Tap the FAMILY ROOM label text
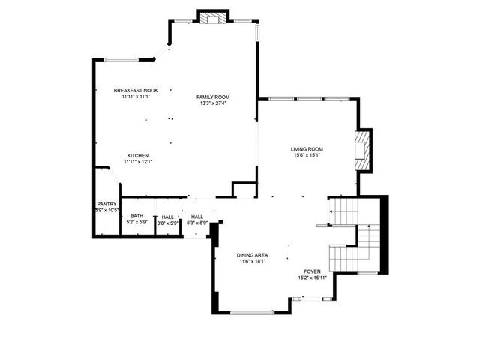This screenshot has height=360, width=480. [x=213, y=97]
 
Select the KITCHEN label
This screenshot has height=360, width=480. [x=137, y=155]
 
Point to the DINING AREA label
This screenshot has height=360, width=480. [x=253, y=255]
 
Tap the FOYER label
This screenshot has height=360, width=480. [x=312, y=271]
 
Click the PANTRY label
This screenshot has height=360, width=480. [x=106, y=204]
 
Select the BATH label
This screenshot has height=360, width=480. [x=136, y=216]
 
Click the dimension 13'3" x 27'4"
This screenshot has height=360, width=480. [x=213, y=103]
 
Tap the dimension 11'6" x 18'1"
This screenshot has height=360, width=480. [x=253, y=262]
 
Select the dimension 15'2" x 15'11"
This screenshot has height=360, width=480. [x=312, y=278]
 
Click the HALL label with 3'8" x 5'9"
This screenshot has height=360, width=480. [x=167, y=217]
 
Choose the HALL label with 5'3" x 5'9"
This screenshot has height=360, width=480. [x=197, y=217]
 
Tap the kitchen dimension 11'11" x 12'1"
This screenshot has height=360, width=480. [x=137, y=162]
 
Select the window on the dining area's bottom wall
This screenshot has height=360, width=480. [x=252, y=312]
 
